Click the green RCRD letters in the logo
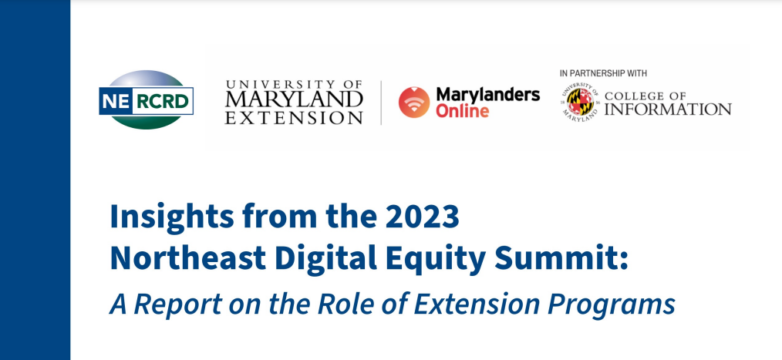click(x=163, y=102)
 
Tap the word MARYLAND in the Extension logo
click(x=294, y=100)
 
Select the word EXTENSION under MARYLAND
click(x=294, y=118)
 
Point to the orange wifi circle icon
click(x=414, y=103)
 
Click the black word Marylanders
click(x=487, y=94)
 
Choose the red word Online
click(x=462, y=111)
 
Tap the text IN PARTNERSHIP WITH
click(x=603, y=73)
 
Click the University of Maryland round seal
click(x=580, y=103)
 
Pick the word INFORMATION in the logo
click(x=668, y=109)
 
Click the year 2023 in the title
click(x=421, y=217)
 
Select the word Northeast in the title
click(x=187, y=257)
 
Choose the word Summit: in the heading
click(x=561, y=257)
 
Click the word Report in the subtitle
click(x=178, y=304)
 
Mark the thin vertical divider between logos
click(x=382, y=103)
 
